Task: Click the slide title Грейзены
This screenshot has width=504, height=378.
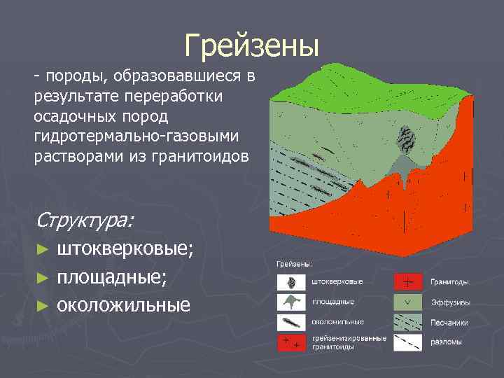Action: [x=252, y=45]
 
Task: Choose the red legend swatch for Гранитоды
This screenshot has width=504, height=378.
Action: [x=408, y=281]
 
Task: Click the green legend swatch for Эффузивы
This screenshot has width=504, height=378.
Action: [x=408, y=302]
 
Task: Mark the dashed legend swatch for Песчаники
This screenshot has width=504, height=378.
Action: [x=408, y=322]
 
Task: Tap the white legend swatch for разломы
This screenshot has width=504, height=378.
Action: [x=408, y=342]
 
